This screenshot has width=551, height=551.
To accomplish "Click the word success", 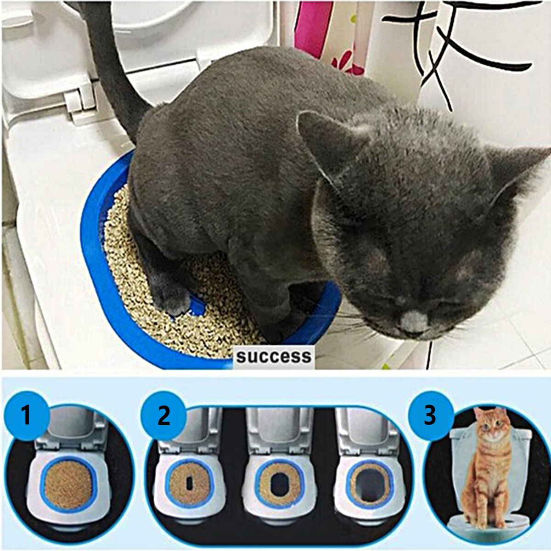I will [x=274, y=356].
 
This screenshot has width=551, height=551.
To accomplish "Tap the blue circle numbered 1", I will [x=26, y=416].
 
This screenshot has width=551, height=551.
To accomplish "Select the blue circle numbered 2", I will [x=164, y=416].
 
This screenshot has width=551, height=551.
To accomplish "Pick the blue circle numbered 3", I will [x=429, y=416].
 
